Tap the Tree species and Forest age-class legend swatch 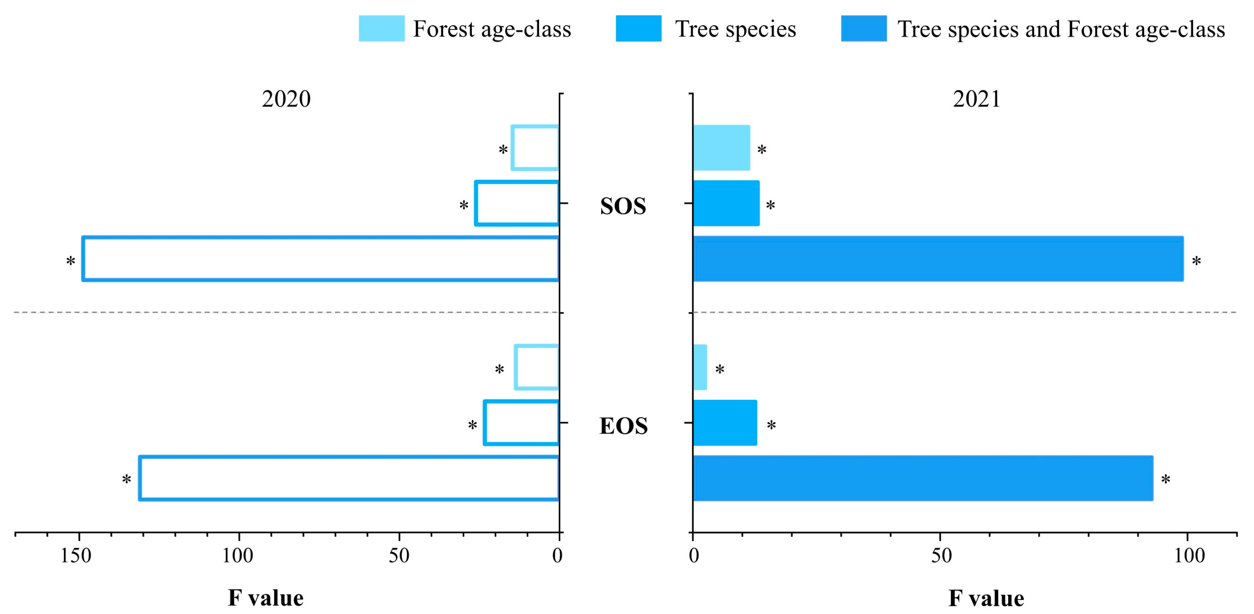[863, 28]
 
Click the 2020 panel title [286, 99]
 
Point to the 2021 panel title [976, 99]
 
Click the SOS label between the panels [623, 206]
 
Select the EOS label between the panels [623, 425]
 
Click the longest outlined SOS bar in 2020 [320, 259]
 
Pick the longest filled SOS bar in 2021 [938, 259]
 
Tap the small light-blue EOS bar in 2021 [700, 367]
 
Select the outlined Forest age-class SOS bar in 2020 [535, 148]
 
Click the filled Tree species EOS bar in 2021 [724, 423]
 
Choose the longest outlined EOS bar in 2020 [349, 478]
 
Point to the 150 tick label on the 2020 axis [76, 556]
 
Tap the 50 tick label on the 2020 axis [399, 556]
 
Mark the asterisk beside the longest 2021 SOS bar [1196, 262]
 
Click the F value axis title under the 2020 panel [266, 598]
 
